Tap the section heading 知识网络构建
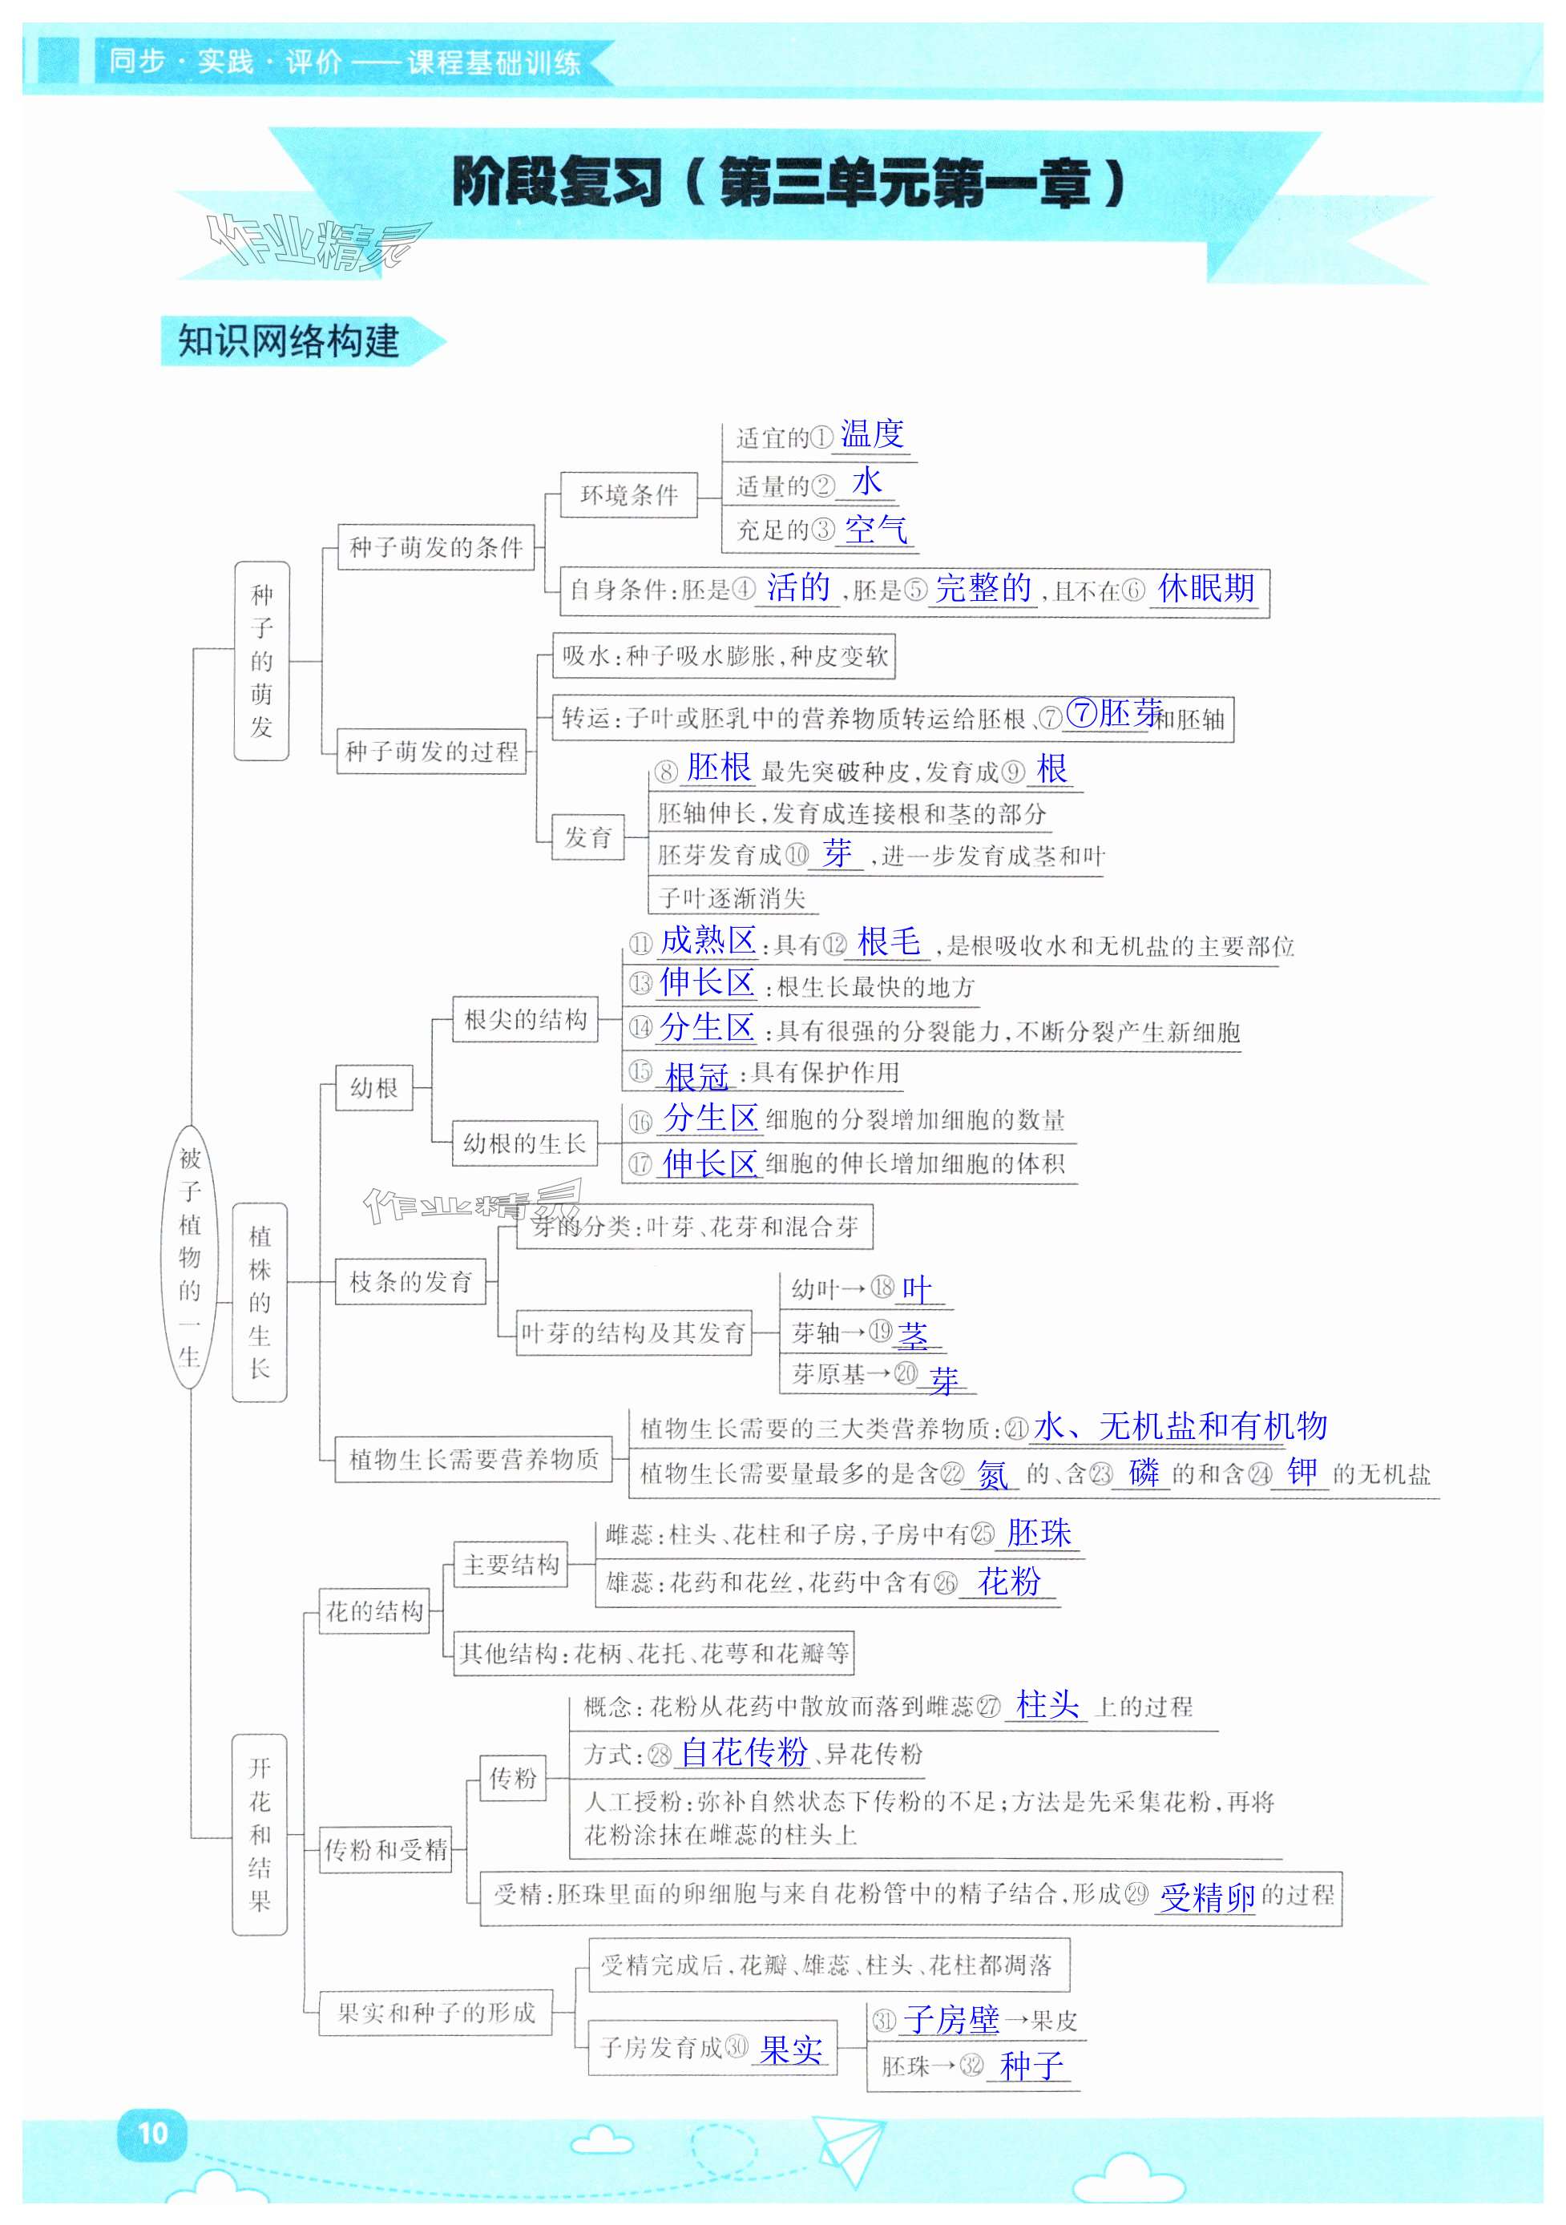(x=289, y=341)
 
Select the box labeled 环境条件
(x=629, y=495)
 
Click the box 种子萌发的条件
(x=435, y=547)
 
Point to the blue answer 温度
(x=871, y=434)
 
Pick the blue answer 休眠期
(x=1205, y=587)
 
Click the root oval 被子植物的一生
(x=189, y=1257)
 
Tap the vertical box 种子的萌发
(x=261, y=661)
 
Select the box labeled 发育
(x=589, y=836)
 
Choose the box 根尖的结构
(x=525, y=1019)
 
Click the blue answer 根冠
(x=696, y=1076)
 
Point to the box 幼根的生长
(x=524, y=1143)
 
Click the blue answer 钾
(x=1302, y=1472)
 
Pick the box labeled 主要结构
(x=511, y=1564)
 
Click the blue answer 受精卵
(x=1208, y=1896)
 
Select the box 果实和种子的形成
(x=436, y=2013)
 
